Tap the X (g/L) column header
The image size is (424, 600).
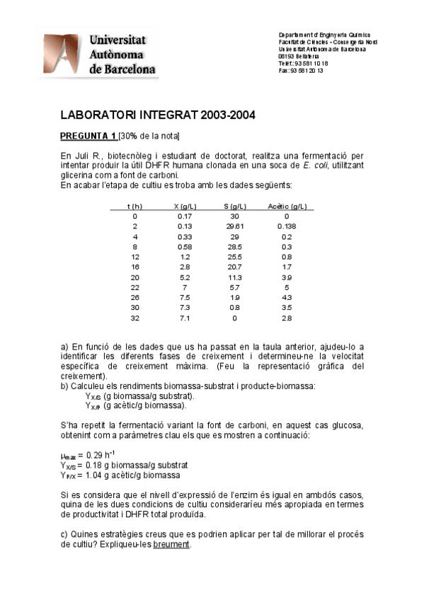[185, 206]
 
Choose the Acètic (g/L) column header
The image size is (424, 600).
[287, 206]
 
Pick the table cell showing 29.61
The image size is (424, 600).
[235, 226]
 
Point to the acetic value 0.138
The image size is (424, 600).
[287, 226]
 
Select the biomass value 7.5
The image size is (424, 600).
[185, 298]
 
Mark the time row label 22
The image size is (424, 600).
[135, 288]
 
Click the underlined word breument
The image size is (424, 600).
[173, 545]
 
